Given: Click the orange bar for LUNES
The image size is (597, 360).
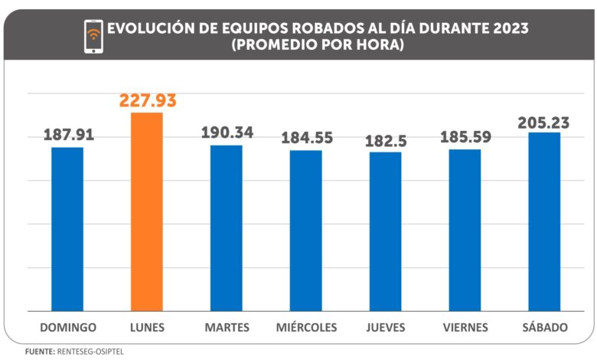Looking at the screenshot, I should point(147,212).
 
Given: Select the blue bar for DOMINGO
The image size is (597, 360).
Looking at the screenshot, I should point(67,229).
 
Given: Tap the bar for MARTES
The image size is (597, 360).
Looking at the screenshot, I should point(227,228).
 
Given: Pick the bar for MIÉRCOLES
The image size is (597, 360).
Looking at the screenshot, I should point(306,231).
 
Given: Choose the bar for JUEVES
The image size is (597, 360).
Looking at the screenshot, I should point(386,231).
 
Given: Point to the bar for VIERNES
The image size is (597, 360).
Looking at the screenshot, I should point(465,230).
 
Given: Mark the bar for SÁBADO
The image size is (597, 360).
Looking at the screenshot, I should point(544,222).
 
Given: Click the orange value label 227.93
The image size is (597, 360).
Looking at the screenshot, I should point(148,101).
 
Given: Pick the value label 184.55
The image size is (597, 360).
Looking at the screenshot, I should point(306,139).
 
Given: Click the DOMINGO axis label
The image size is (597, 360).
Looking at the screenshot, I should point(67,328).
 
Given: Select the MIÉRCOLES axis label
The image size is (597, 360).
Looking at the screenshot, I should point(306,328).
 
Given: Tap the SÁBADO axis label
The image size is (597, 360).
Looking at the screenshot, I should point(544,328).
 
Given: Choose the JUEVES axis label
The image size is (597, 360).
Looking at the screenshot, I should point(386,328).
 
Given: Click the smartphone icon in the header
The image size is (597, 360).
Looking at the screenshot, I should point(93,36).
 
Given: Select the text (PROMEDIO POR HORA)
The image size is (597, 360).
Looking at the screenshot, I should point(317,45).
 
